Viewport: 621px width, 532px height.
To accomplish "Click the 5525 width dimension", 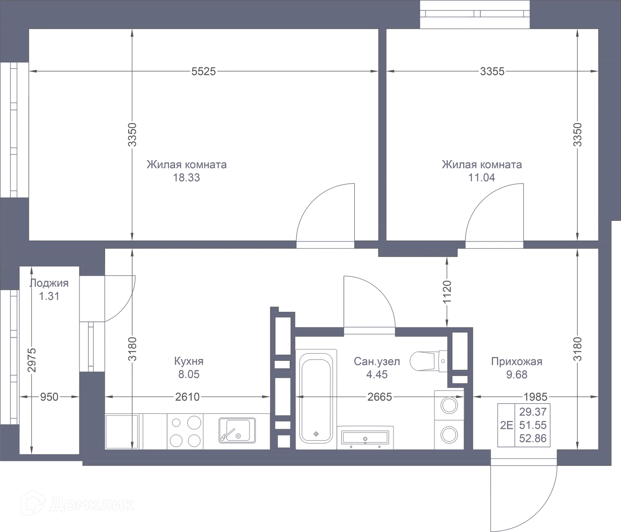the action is (x=203, y=71).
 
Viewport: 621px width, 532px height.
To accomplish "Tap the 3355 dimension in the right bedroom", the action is (x=492, y=71).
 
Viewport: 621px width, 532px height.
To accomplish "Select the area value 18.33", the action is (x=186, y=178).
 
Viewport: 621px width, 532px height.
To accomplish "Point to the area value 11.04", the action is (x=482, y=178).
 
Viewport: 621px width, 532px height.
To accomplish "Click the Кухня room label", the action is (x=189, y=361).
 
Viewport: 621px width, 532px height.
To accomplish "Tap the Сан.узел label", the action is (x=377, y=361).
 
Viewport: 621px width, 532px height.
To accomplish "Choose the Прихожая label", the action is (x=517, y=361).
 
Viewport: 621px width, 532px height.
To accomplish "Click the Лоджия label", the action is (x=49, y=283).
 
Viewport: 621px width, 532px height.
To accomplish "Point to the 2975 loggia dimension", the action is (x=31, y=360).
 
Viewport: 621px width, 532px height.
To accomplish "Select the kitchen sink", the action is (x=237, y=430).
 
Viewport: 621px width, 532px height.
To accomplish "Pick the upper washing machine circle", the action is (x=449, y=405).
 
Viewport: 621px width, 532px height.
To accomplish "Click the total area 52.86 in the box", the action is (x=533, y=438).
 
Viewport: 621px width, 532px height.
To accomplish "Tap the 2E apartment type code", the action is (x=507, y=425).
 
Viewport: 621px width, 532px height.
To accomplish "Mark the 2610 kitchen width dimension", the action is (x=187, y=396).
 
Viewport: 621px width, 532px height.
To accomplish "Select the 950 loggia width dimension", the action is (x=49, y=396).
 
